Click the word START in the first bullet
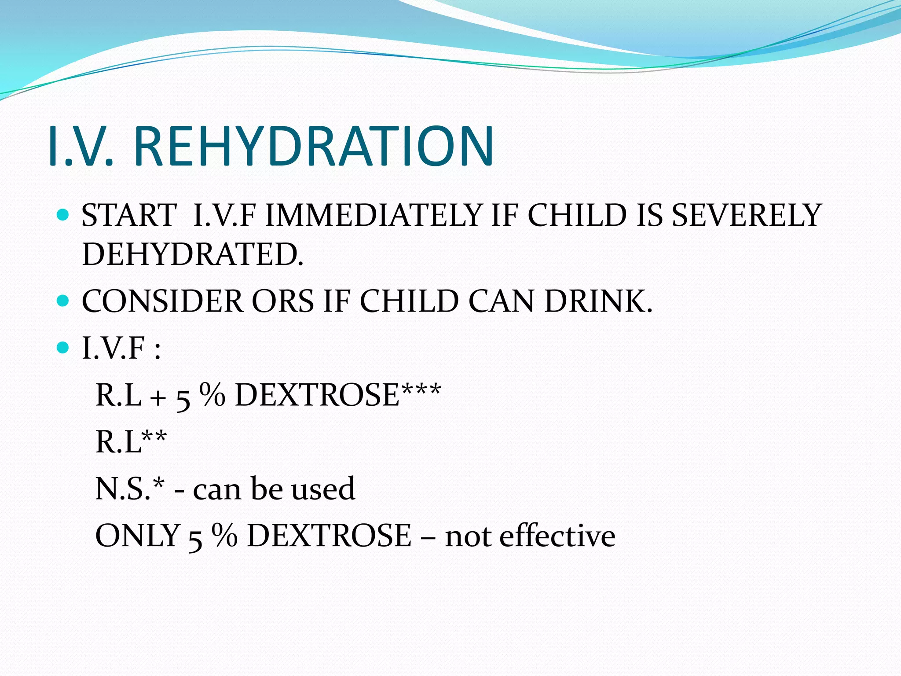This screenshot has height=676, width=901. pyautogui.click(x=129, y=215)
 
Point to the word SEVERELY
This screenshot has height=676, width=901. pyautogui.click(x=747, y=215)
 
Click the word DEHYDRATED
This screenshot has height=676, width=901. pyautogui.click(x=192, y=254)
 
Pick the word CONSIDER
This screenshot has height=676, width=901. pyautogui.click(x=162, y=301)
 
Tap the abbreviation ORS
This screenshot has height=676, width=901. pyautogui.click(x=282, y=301)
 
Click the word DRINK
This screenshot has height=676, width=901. pyautogui.click(x=598, y=301)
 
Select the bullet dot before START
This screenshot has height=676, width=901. pyautogui.click(x=63, y=215)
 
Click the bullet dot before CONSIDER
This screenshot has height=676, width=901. pyautogui.click(x=63, y=301)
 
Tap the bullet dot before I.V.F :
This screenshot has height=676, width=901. pyautogui.click(x=63, y=348)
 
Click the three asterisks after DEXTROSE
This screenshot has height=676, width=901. pyautogui.click(x=420, y=389)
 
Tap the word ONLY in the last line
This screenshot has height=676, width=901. pyautogui.click(x=137, y=536)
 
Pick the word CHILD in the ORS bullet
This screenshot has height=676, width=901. pyautogui.click(x=409, y=301)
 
